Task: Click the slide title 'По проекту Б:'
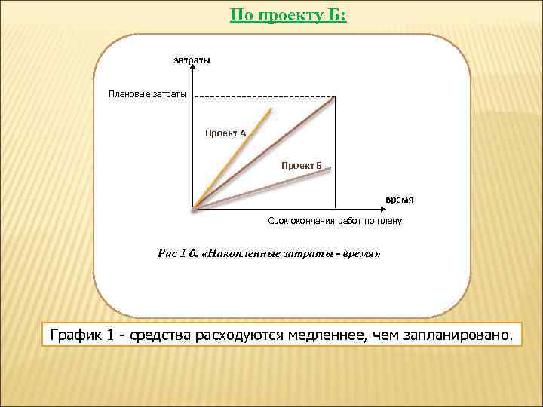pos(288,14)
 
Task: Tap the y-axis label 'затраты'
pos(192,60)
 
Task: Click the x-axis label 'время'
pos(399,200)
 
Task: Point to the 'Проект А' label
pos(225,133)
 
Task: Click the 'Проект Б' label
pos(302,164)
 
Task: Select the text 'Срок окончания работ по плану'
pos(335,221)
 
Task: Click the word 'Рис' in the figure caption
pos(166,255)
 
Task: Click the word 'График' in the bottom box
pos(75,334)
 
